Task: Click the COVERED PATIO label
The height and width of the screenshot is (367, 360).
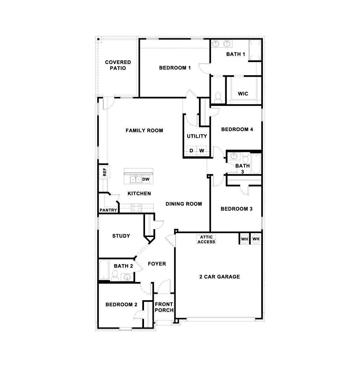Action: [x=118, y=65]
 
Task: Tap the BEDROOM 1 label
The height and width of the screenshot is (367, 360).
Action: [x=175, y=68]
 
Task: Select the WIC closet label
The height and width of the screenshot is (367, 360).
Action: [x=243, y=94]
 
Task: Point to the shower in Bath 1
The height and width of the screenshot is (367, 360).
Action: [x=254, y=50]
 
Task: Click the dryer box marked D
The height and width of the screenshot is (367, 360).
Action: [x=191, y=151]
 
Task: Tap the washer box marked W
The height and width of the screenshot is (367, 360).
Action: [x=202, y=151]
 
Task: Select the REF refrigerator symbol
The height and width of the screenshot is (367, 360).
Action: [x=105, y=172]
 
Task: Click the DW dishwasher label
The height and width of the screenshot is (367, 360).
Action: [x=146, y=179]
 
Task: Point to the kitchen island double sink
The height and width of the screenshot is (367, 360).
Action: [x=134, y=179]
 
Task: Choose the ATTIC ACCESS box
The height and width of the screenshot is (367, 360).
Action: [x=206, y=239]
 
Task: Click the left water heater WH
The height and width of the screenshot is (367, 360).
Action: [x=244, y=239]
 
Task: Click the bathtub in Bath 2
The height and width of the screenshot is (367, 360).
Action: [x=104, y=271]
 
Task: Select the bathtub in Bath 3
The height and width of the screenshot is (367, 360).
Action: [x=256, y=164]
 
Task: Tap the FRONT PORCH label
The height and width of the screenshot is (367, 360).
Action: [x=164, y=307]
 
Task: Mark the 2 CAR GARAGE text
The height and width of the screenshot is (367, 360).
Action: [x=219, y=277]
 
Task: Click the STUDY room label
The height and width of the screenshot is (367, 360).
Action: [x=121, y=236]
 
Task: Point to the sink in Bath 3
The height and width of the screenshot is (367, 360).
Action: [x=233, y=156]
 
